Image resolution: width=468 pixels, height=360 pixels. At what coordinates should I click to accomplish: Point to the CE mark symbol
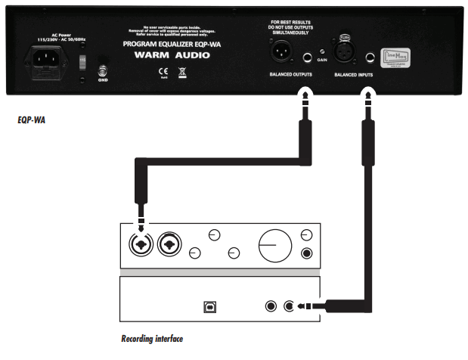[x=161, y=72]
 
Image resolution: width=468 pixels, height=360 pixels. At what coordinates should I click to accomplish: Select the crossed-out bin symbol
[x=181, y=72]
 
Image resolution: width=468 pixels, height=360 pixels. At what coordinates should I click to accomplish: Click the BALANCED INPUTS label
[x=355, y=76]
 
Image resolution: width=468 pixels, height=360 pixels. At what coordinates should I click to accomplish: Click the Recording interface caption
[x=152, y=339]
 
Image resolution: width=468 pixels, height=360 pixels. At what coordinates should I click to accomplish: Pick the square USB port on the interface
[x=208, y=307]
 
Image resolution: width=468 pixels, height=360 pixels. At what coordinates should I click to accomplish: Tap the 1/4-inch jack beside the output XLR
[x=307, y=56]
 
